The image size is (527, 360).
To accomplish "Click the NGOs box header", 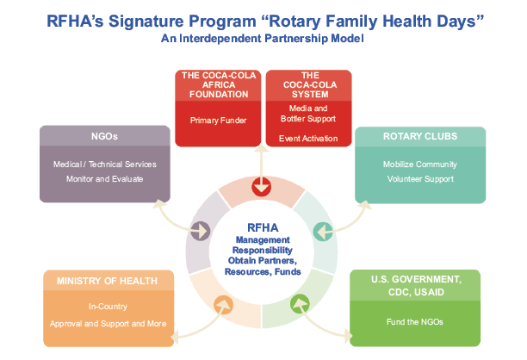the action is (104, 136).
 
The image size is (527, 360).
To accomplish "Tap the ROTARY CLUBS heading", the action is (420, 136).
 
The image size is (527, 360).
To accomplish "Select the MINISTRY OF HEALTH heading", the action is (107, 281).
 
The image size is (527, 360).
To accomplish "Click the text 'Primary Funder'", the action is (218, 121).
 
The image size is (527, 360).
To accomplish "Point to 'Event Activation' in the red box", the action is (308, 139).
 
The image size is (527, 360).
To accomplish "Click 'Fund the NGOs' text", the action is (415, 322).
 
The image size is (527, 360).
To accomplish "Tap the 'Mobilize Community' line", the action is (420, 164).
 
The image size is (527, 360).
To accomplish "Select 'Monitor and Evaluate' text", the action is (104, 179).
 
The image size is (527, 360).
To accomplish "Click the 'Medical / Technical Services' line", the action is (104, 164).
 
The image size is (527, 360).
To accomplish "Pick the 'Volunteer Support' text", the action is (420, 179).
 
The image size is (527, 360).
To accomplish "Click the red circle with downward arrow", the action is (262, 187).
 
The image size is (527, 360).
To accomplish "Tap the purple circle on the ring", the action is (201, 231).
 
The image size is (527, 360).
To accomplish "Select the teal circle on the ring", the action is (323, 232).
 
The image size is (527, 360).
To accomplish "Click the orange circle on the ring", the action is (224, 305).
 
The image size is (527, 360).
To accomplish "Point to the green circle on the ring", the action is (300, 304).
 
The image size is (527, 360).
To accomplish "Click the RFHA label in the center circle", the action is (263, 227).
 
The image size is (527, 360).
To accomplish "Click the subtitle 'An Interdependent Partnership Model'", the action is (262, 38).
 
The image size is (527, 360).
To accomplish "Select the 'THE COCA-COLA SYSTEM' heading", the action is (310, 84).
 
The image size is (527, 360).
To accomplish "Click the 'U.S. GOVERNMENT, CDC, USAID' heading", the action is (416, 286).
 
